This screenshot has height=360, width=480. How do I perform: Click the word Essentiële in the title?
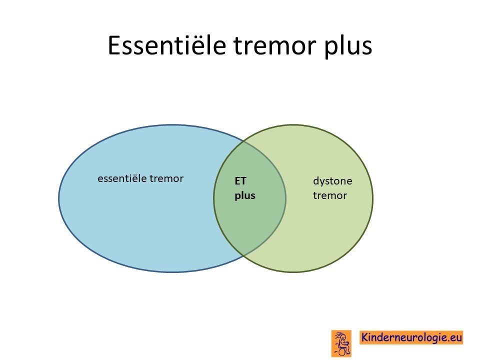[167, 45]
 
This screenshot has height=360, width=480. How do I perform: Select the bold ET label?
[240, 181]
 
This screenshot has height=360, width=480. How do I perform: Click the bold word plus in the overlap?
[245, 196]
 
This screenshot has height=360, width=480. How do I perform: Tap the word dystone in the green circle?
[332, 181]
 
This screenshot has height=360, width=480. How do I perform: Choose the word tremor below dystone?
[330, 195]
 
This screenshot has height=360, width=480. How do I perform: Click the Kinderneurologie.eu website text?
[411, 337]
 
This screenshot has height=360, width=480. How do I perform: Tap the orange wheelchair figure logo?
[341, 343]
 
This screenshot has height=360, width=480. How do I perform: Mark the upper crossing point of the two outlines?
[243, 141]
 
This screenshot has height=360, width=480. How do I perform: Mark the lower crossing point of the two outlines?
[243, 255]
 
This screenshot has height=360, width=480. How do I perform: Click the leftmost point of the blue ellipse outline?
[59, 198]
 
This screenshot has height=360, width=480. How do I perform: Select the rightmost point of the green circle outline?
[373, 198]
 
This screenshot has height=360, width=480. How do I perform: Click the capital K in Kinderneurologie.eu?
[365, 337]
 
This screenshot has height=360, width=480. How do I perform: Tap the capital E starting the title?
[114, 45]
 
